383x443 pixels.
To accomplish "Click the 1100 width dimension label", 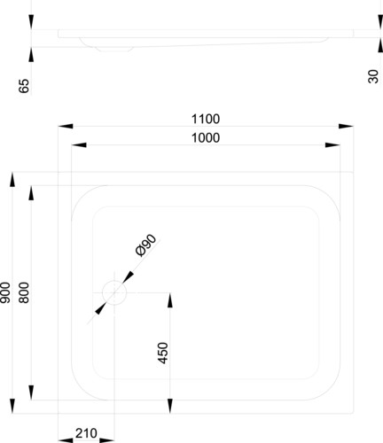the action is click(206, 119).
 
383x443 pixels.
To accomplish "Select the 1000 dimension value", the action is click(206, 138).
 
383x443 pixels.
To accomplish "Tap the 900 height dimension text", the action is click(5, 292).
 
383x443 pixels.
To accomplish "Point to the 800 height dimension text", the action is click(24, 292).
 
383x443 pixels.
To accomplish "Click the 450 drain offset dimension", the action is click(163, 353).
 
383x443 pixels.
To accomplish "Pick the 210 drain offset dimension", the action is click(86, 433).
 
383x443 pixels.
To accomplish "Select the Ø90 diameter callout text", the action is click(145, 245).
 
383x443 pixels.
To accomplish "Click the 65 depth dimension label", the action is click(24, 86).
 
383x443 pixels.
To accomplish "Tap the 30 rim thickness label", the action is click(373, 76).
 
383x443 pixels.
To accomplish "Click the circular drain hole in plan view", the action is click(114, 292).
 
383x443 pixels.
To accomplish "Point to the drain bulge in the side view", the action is click(113, 49).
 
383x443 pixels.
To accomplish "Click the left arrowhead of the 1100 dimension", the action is click(66, 126).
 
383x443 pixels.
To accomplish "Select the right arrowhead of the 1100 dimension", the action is click(346, 126).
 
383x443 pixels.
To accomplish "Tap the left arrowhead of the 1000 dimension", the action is click(79, 145).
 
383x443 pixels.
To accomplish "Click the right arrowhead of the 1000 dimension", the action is click(332, 145).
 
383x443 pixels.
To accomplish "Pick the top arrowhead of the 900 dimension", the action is click(12, 180).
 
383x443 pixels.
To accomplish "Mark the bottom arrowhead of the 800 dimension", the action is click(31, 392).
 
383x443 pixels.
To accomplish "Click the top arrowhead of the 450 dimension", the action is click(170, 300).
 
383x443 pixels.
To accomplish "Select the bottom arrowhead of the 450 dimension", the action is click(170, 406).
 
